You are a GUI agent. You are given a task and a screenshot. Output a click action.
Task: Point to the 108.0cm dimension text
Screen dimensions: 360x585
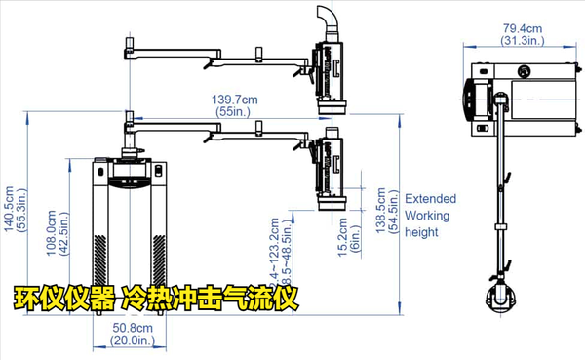(x=52, y=234)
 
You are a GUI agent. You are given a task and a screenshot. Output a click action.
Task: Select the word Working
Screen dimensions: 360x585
(x=427, y=215)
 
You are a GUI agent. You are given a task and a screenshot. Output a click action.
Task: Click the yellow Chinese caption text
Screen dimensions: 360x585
(x=155, y=297)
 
